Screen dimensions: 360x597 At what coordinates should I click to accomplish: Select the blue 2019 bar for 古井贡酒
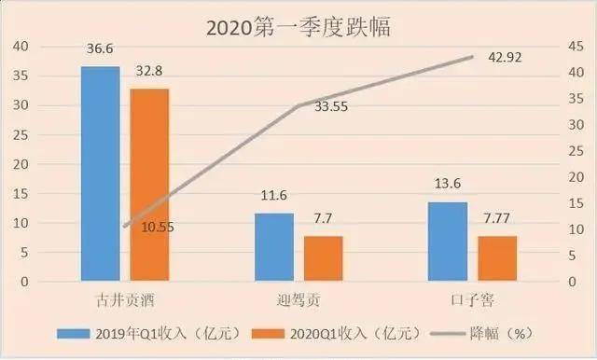click(x=100, y=173)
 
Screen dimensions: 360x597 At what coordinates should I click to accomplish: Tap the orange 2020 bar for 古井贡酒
click(x=149, y=185)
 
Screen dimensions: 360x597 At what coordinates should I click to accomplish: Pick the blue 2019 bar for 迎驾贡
click(x=274, y=247)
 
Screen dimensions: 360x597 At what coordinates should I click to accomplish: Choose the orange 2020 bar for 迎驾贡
click(x=324, y=258)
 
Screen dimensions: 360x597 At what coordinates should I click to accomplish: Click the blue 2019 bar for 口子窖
click(x=449, y=242)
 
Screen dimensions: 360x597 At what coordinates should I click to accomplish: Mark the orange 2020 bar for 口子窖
click(x=497, y=258)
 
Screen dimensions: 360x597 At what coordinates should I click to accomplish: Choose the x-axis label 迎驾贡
click(x=298, y=300)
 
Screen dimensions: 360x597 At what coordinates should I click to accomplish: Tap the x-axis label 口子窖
click(x=472, y=300)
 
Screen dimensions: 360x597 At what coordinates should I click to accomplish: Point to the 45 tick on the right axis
click(x=577, y=46)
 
